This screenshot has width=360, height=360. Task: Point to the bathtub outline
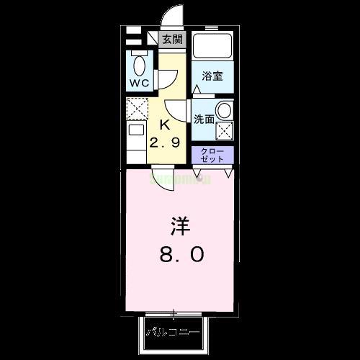(x=213, y=48)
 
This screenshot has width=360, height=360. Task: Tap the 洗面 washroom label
(x=203, y=120)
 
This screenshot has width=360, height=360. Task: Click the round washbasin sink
(x=225, y=112)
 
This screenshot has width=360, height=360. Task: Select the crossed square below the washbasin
(x=225, y=132)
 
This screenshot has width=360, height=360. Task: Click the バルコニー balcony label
(x=174, y=333)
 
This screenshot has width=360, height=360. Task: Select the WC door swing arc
(x=166, y=76)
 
